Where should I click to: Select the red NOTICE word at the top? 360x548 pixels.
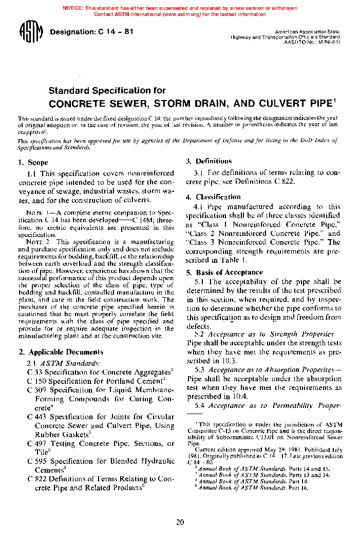73,8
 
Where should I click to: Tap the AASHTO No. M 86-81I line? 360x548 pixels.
312,43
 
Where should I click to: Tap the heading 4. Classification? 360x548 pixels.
213,197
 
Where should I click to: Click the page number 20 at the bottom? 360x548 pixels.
180,523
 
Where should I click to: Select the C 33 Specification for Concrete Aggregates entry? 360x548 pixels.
100,372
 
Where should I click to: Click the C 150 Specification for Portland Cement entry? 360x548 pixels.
96,381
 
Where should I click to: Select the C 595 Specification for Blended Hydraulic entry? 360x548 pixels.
101,461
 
